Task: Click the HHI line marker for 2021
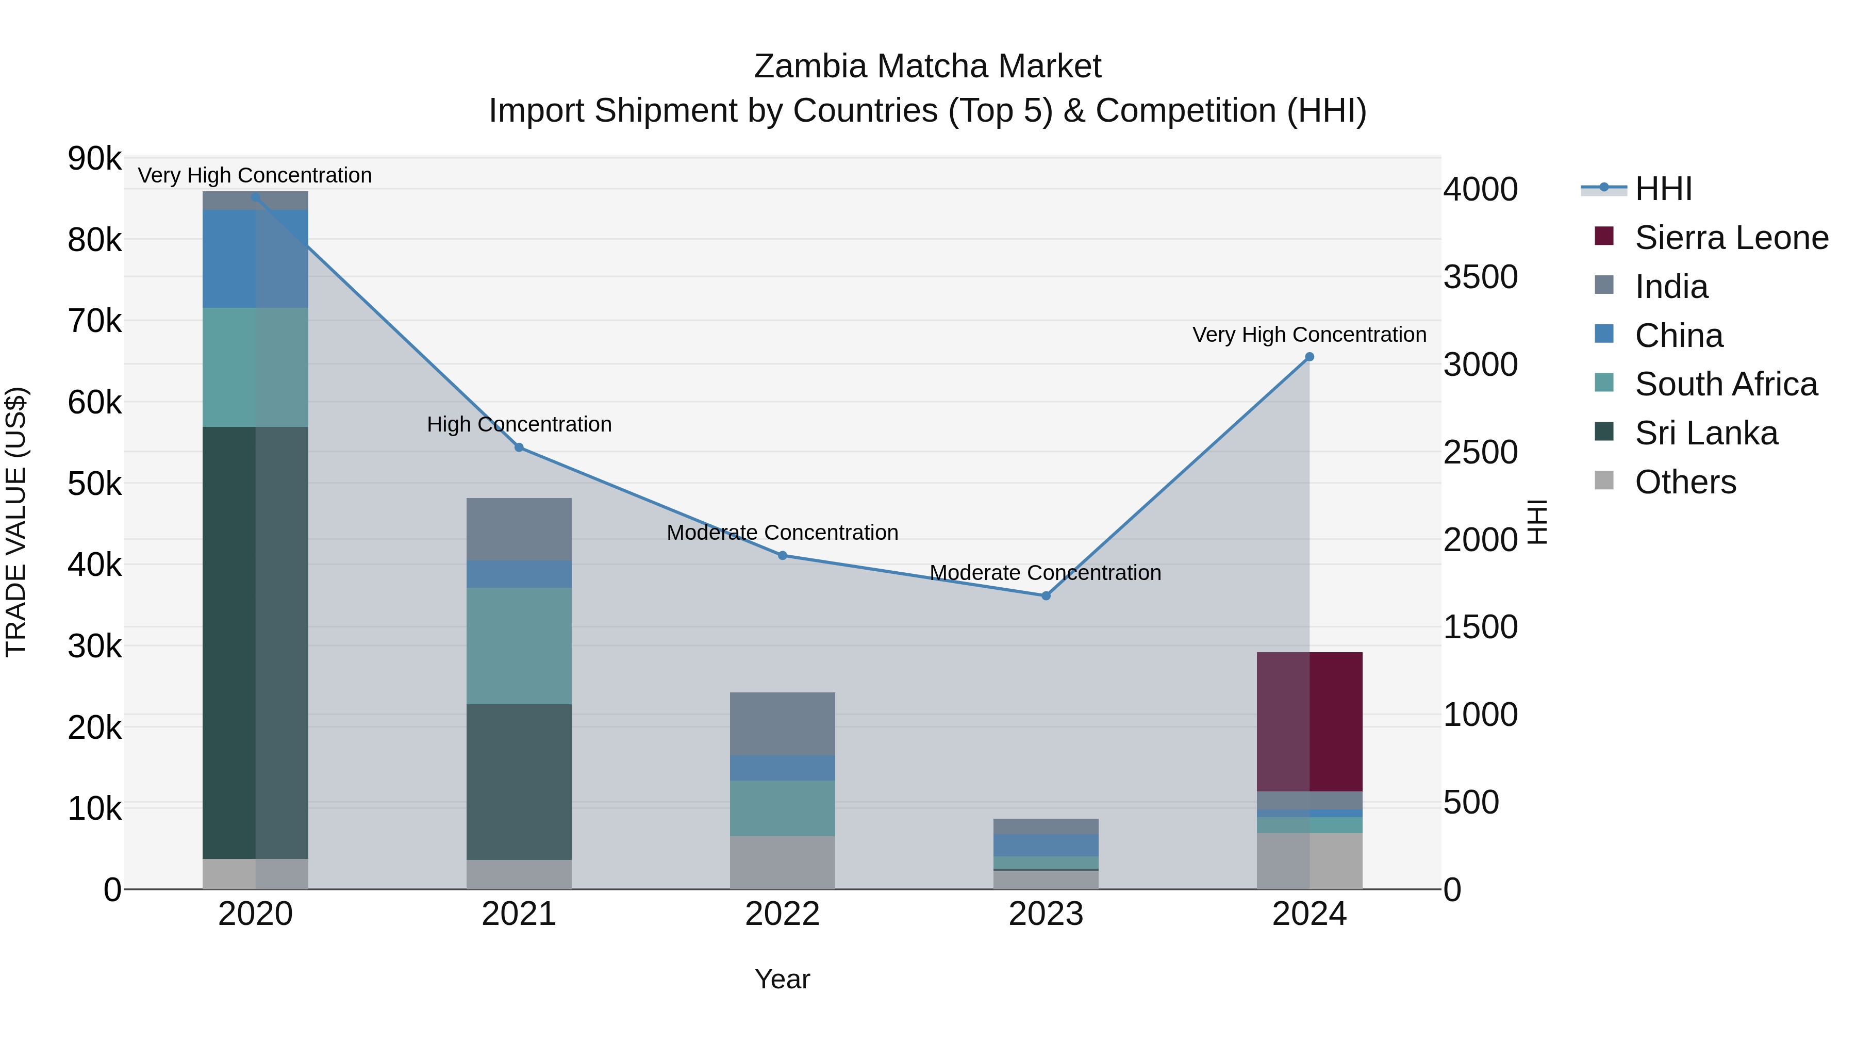(519, 448)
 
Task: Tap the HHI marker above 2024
(1309, 357)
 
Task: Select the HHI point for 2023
(1046, 596)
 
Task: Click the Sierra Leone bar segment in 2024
(1309, 721)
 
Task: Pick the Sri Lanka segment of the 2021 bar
(519, 782)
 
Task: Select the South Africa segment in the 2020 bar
(255, 368)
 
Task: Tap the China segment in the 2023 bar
(1046, 845)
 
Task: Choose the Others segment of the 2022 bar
(783, 863)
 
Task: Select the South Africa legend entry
(1726, 384)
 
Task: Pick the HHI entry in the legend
(1663, 189)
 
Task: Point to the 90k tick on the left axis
(94, 158)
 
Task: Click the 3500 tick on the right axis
(1481, 277)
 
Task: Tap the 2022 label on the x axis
(783, 914)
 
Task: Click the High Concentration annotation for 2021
(519, 424)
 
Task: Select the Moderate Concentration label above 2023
(1046, 573)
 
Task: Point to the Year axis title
(783, 979)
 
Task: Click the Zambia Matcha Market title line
(927, 67)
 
